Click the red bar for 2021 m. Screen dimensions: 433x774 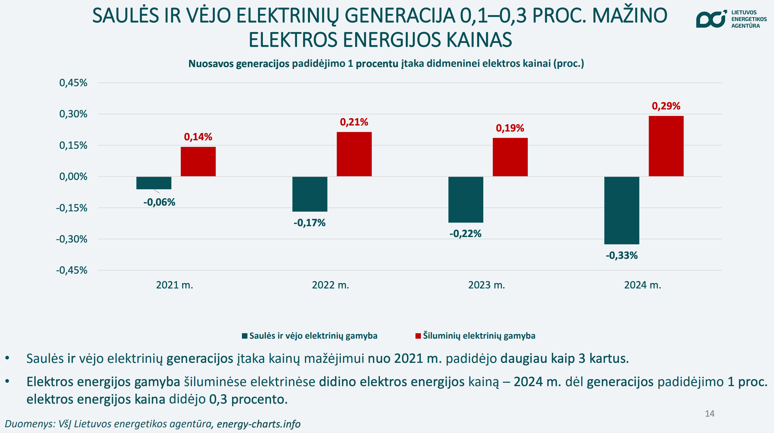point(198,161)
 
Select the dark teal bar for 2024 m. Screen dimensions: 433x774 point(621,210)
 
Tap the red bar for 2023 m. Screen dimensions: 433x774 point(510,157)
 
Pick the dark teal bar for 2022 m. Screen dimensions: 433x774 point(309,194)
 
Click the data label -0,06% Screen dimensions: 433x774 point(159,202)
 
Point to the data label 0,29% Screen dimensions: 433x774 point(666,106)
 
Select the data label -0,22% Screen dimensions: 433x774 point(465,234)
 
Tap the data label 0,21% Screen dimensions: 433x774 point(354,122)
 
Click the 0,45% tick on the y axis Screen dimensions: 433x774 point(73,83)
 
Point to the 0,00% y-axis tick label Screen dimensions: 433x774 point(73,177)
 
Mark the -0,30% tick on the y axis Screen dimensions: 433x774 point(72,239)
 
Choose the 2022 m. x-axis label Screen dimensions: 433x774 point(330,285)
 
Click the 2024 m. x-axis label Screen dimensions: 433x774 point(643,285)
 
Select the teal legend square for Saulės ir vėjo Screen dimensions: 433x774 point(245,336)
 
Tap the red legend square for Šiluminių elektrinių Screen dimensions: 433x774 point(418,336)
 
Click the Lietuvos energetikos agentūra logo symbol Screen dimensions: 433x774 point(711,19)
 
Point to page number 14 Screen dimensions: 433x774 point(709,414)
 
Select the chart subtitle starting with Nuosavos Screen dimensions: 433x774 point(386,63)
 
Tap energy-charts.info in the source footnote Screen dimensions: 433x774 point(259,424)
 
